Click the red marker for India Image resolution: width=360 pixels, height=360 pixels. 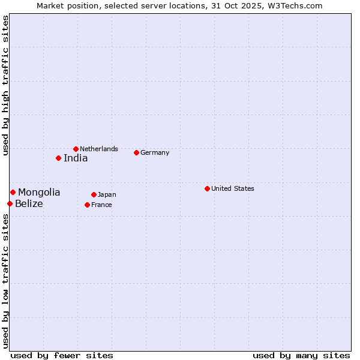[58, 158]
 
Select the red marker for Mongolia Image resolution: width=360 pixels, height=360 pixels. [13, 192]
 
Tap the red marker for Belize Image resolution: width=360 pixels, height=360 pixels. [10, 204]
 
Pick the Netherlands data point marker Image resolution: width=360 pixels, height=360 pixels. [76, 149]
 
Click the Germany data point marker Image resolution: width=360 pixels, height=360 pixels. [136, 152]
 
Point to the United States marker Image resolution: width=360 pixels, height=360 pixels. [207, 188]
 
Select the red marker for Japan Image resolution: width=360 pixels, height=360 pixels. [94, 194]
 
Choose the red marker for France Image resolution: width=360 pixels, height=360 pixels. [87, 205]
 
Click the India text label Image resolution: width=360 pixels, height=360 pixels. [76, 158]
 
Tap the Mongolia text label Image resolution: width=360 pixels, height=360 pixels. [39, 193]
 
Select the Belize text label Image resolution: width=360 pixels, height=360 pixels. [29, 204]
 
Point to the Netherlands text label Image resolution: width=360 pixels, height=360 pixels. [99, 149]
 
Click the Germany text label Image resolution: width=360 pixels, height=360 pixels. [155, 152]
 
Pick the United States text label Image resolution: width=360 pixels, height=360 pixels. [233, 188]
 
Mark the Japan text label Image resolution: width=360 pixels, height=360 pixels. [107, 194]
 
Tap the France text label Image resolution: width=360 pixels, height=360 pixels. [101, 205]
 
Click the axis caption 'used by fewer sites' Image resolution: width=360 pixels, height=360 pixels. [62, 355]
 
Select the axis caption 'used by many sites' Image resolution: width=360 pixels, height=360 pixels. [301, 355]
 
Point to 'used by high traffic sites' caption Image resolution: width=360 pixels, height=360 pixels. [6, 85]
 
